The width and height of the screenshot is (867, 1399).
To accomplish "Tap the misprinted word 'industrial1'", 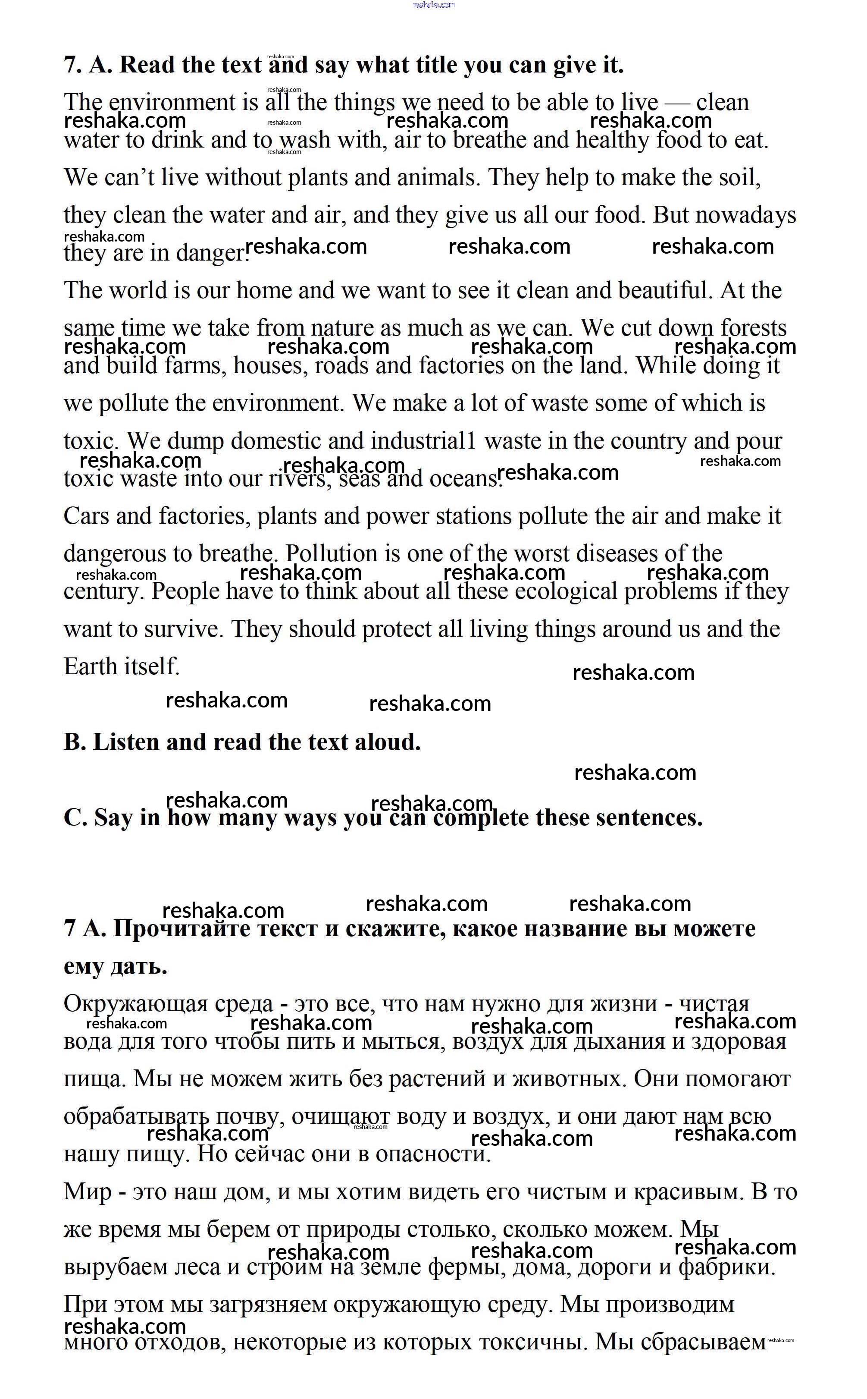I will (423, 441).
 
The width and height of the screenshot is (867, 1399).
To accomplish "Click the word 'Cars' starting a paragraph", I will (86, 516).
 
